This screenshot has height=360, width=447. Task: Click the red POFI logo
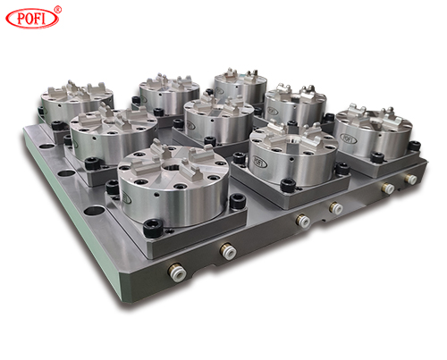coord(32,18)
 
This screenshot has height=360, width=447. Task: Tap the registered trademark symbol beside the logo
coord(58,10)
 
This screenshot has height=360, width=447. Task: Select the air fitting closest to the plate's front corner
coord(177,271)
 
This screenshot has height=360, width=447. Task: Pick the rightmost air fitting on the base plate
coord(411,179)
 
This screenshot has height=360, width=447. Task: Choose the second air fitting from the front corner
coord(228,251)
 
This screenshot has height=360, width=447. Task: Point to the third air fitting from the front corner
coord(303,221)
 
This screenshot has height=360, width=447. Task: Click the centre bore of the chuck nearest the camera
coord(171,167)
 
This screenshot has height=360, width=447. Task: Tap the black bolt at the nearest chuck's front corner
coord(153,229)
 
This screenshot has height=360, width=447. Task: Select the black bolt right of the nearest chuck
coord(238,201)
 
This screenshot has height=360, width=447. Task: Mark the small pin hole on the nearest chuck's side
coord(156,196)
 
